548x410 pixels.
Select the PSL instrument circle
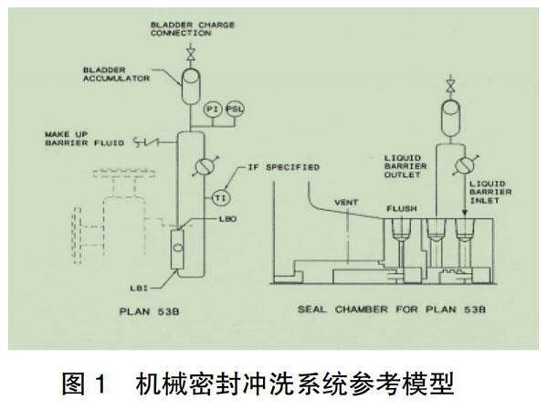pos(234,109)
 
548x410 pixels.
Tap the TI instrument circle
pos(220,198)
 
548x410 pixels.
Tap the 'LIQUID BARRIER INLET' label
pos(499,193)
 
